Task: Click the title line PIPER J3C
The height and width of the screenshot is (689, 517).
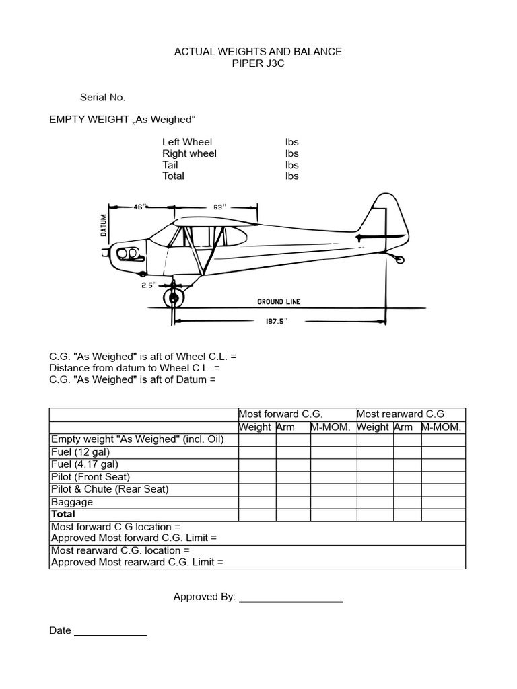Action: [x=258, y=63]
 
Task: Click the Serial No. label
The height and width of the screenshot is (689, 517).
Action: [x=102, y=97]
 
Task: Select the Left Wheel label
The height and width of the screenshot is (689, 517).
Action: [x=187, y=142]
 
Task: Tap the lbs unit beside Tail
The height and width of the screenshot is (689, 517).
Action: [x=291, y=165]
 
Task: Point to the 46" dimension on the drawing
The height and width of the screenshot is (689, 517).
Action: [x=139, y=207]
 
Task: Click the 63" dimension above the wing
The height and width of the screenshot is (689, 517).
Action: [x=219, y=207]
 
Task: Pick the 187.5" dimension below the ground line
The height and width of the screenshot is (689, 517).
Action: [x=276, y=321]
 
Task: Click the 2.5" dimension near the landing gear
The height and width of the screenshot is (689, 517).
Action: [x=149, y=285]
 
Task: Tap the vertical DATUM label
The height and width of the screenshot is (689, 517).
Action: [x=104, y=225]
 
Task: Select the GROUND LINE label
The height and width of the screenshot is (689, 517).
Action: [x=279, y=302]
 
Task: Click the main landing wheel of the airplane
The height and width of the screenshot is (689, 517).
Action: [x=174, y=296]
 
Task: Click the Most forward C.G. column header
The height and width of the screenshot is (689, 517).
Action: [x=276, y=414]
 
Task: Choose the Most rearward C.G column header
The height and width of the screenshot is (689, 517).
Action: [x=401, y=414]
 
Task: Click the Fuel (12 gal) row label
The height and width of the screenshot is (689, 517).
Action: [x=80, y=452]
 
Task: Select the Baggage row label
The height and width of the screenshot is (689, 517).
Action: [x=72, y=502]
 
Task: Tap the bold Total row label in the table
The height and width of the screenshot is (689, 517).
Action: [x=63, y=515]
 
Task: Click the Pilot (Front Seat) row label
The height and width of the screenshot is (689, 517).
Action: [x=91, y=477]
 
